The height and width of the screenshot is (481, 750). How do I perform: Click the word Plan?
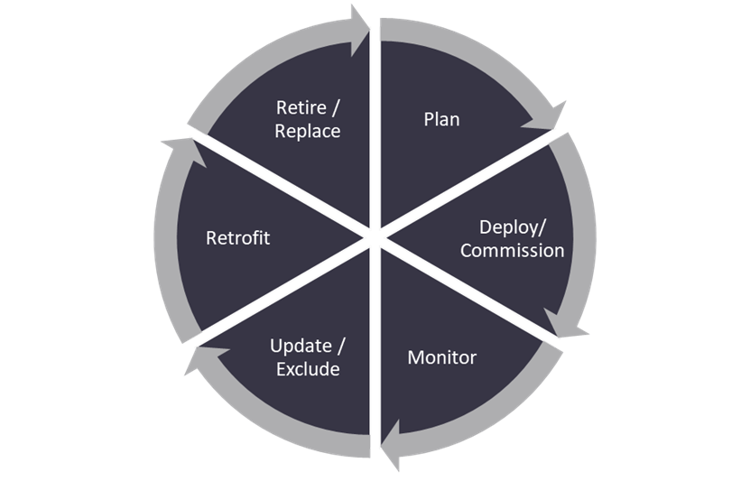click(441, 119)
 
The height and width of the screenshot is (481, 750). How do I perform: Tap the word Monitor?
click(441, 357)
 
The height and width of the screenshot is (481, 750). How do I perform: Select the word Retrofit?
click(238, 238)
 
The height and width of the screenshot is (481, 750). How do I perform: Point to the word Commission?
click(512, 250)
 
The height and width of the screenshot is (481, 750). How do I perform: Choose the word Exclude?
click(308, 369)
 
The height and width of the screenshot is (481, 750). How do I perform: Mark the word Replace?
click(308, 131)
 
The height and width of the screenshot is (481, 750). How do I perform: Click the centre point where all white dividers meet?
click(375, 238)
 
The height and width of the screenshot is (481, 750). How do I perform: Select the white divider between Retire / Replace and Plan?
click(375, 117)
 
